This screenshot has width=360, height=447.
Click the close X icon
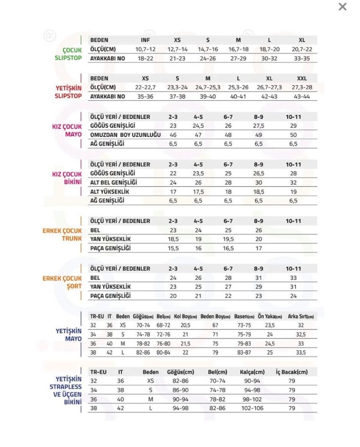click(x=343, y=7)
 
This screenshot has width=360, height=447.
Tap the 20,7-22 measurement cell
click(x=302, y=49)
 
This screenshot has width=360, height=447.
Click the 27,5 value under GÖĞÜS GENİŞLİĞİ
click(x=258, y=125)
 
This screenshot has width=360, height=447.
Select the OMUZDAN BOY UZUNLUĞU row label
click(x=125, y=135)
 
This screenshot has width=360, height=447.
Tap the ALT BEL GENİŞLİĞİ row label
click(x=114, y=183)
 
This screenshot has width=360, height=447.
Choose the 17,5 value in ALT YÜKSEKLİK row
click(x=198, y=192)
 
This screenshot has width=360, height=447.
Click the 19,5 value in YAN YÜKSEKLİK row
click(x=228, y=239)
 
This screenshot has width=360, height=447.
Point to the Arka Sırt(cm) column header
click(x=301, y=316)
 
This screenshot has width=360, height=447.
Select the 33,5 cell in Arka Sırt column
click(x=301, y=353)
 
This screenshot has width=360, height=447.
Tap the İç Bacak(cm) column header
click(x=292, y=372)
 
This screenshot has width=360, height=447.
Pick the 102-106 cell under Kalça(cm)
click(x=252, y=408)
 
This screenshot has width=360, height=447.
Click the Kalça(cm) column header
click(x=252, y=372)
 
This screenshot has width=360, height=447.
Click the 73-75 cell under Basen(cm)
click(x=244, y=325)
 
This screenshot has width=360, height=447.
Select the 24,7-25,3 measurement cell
click(x=208, y=88)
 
